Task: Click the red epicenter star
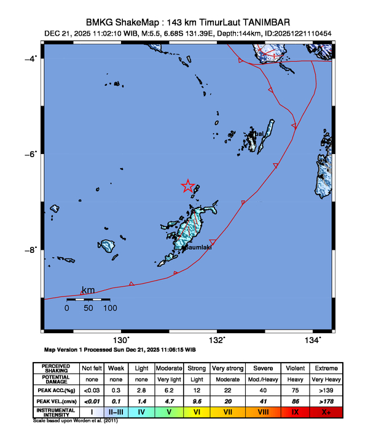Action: [x=189, y=187]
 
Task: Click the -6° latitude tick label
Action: [x=29, y=153]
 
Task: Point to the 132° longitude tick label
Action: [x=218, y=340]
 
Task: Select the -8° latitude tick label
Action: [x=29, y=250]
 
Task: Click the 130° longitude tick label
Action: [x=121, y=340]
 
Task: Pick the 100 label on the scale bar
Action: [x=110, y=308]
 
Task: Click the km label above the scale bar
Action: [x=88, y=290]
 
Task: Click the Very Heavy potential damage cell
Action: [x=326, y=379]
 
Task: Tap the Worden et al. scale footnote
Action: [x=75, y=421]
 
